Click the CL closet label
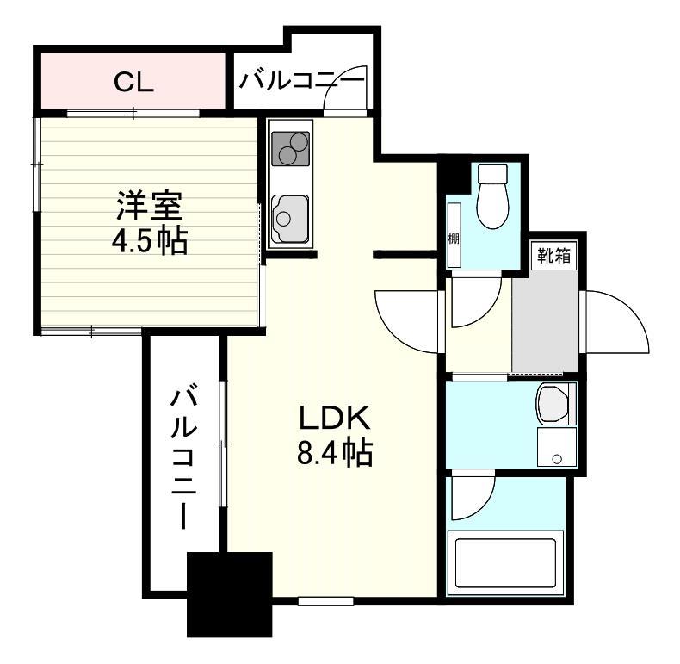tap(133, 82)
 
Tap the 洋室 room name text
tap(150, 206)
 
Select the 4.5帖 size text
tap(150, 240)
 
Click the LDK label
tap(334, 418)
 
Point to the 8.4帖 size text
tap(334, 452)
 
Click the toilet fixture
tap(492, 196)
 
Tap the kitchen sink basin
tap(290, 219)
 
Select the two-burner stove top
tap(290, 148)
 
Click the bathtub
tap(505, 563)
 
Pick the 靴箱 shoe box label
tap(554, 255)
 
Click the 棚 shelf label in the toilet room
tap(453, 239)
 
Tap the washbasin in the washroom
tap(553, 404)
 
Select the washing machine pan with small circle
tap(557, 447)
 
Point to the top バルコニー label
tap(302, 81)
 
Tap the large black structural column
tap(230, 594)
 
